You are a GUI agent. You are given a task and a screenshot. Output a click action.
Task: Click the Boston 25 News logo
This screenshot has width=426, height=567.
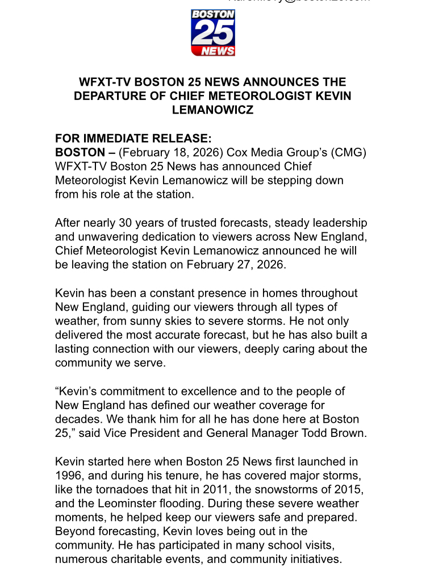[x=213, y=33]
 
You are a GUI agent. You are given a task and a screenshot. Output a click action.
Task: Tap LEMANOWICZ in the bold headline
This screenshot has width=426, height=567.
[x=213, y=110]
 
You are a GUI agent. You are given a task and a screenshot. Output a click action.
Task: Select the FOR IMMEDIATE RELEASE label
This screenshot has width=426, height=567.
[x=133, y=139]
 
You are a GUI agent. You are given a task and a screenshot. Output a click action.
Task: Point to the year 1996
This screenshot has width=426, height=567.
[x=69, y=475]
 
